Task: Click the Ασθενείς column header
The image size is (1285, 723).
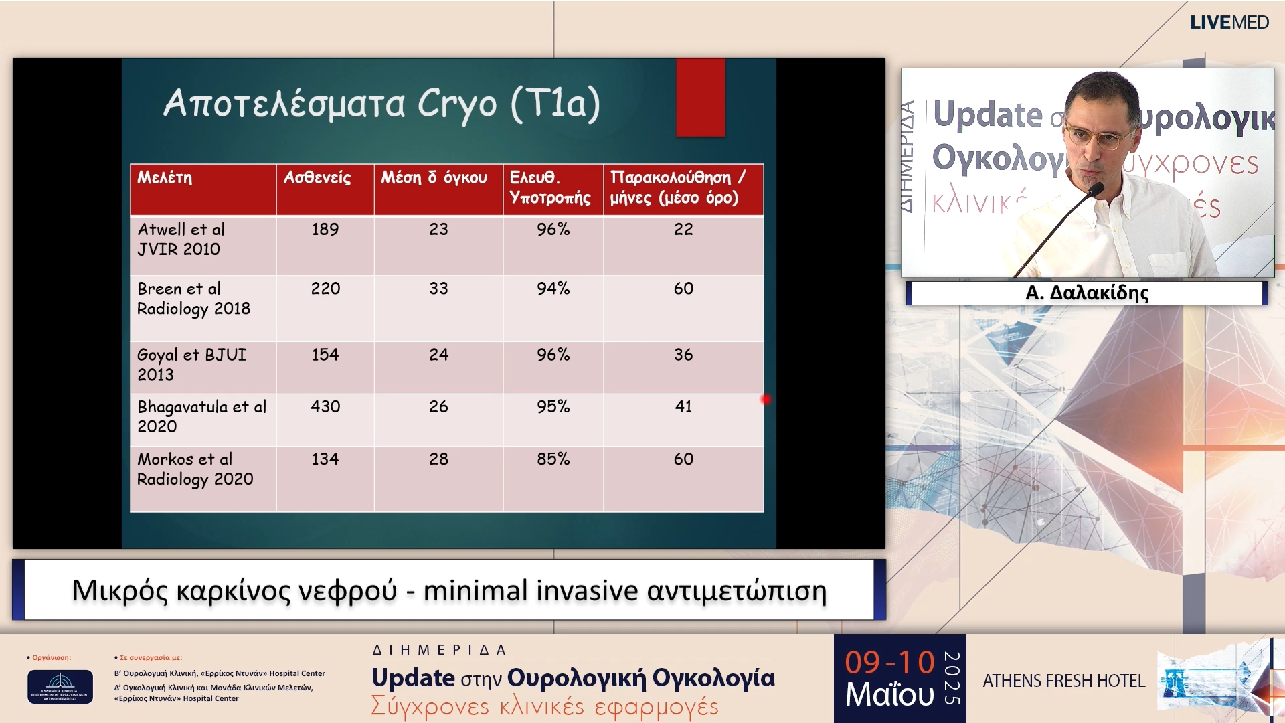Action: pos(317,178)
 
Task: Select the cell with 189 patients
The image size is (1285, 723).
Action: pos(325,230)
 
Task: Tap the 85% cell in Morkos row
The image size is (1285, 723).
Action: pos(553,459)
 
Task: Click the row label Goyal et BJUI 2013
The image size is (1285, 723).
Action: pos(191,365)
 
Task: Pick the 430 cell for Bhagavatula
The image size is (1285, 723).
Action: pos(325,407)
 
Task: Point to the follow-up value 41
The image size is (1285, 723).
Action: pos(683,407)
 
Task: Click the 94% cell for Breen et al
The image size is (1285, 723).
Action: pos(553,289)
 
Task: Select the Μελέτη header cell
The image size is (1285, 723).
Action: pos(165,178)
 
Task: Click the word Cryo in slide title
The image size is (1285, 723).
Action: pos(457,104)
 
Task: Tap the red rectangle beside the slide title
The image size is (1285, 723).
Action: pos(701,98)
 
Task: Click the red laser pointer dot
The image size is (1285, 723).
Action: pos(766,400)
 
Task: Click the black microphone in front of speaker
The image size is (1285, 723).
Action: pos(1095,191)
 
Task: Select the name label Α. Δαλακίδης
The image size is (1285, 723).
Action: pos(1087,293)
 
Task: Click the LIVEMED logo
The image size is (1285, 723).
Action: pos(1229,23)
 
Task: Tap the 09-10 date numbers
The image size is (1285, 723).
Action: pos(889,663)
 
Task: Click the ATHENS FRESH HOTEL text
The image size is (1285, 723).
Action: pos(1063,681)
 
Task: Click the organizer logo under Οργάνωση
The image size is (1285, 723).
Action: pos(60,687)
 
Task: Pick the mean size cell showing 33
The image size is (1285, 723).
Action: pos(438,289)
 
